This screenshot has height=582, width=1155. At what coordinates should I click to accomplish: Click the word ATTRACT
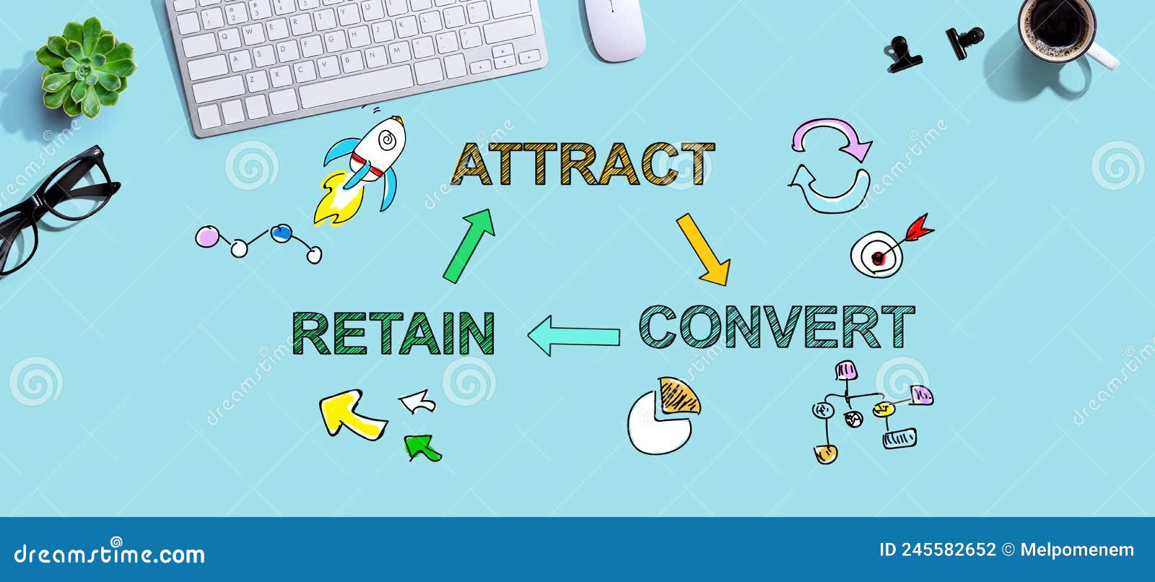pos(582,164)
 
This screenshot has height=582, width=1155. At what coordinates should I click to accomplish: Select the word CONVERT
pos(776,328)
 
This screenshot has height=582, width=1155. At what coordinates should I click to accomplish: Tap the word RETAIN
pos(393,333)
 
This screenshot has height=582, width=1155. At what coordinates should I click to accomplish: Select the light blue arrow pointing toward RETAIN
pos(573,336)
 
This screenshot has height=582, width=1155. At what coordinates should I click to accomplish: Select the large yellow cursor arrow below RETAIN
pos(350,414)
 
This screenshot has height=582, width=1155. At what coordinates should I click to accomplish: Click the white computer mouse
pos(614,29)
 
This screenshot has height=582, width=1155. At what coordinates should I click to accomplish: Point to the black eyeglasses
pos(51,206)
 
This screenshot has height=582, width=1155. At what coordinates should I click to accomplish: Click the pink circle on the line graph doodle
pos(207,237)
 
